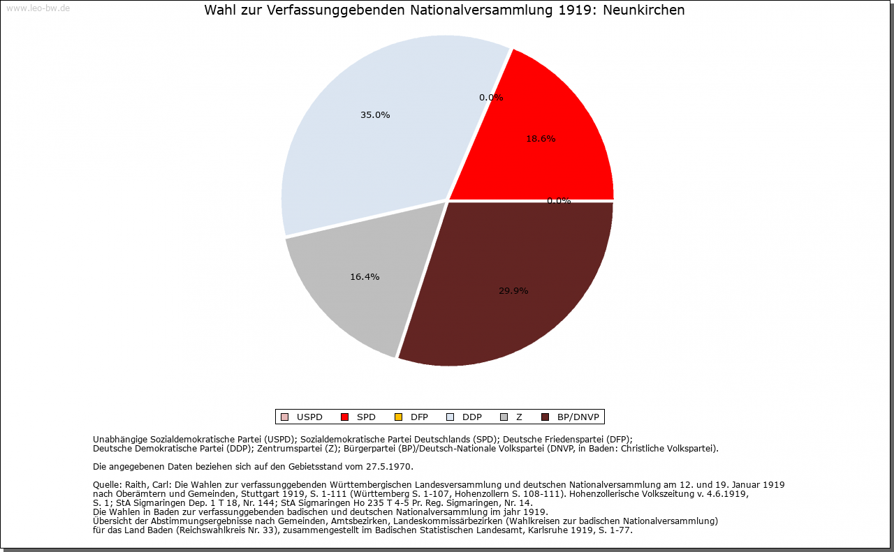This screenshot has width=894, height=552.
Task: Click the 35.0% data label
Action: [x=375, y=115]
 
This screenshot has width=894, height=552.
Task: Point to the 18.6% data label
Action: [x=541, y=139]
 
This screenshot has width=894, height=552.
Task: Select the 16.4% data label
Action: [x=365, y=277]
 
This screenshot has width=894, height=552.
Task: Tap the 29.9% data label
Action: [x=513, y=291]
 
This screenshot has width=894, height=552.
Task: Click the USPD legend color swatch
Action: [x=284, y=417]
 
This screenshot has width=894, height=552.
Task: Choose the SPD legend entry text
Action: [x=366, y=417]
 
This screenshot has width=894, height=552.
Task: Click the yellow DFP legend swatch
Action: [x=398, y=417]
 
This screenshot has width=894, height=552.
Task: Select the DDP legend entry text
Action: [x=472, y=417]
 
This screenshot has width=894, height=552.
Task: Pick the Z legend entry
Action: [x=519, y=417]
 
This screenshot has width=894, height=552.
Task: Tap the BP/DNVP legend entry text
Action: [x=578, y=417]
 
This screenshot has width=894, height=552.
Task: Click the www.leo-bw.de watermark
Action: [x=38, y=8]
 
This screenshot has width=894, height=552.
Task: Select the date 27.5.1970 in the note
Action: [x=390, y=466]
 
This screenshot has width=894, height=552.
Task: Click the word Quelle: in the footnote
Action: [x=108, y=484]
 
